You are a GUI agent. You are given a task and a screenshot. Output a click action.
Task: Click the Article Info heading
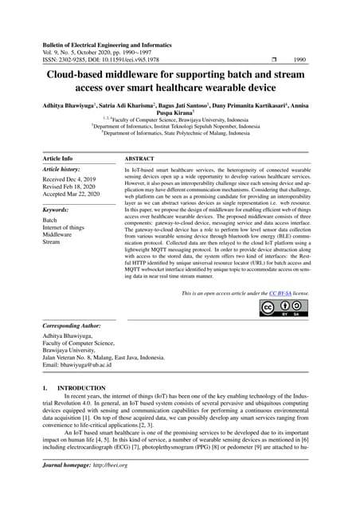(57, 159)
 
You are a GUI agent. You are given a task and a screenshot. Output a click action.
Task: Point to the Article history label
(61, 171)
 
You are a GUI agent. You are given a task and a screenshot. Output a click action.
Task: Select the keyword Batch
(50, 220)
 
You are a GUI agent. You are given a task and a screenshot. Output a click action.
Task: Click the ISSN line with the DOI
(102, 58)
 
